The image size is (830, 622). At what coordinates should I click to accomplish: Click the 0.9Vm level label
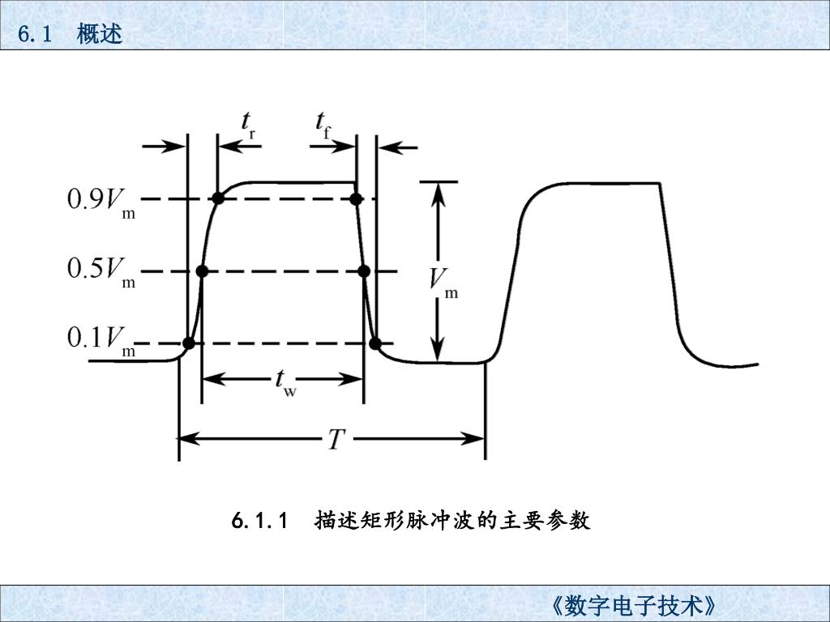pyautogui.click(x=101, y=201)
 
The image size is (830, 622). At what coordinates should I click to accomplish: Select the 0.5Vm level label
pyautogui.click(x=101, y=271)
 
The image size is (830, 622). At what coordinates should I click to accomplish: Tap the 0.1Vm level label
pyautogui.click(x=101, y=340)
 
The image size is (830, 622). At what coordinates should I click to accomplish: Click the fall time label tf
pyautogui.click(x=323, y=126)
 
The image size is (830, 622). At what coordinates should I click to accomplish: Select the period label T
pyautogui.click(x=336, y=440)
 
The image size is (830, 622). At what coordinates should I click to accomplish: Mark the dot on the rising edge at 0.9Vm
pyautogui.click(x=217, y=198)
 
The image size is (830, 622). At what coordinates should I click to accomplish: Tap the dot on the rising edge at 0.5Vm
pyautogui.click(x=202, y=271)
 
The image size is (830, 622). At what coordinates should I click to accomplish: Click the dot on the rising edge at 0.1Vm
pyautogui.click(x=188, y=343)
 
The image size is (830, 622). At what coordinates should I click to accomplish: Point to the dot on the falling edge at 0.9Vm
pyautogui.click(x=355, y=198)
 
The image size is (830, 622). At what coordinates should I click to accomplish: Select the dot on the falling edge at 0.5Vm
pyautogui.click(x=364, y=271)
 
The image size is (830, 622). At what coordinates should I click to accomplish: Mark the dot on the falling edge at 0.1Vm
pyautogui.click(x=374, y=343)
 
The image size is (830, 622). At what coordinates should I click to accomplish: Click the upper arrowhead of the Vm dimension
pyautogui.click(x=438, y=191)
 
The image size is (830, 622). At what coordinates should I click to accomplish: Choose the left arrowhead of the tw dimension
pyautogui.click(x=210, y=378)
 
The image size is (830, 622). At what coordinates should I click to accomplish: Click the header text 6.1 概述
pyautogui.click(x=70, y=34)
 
